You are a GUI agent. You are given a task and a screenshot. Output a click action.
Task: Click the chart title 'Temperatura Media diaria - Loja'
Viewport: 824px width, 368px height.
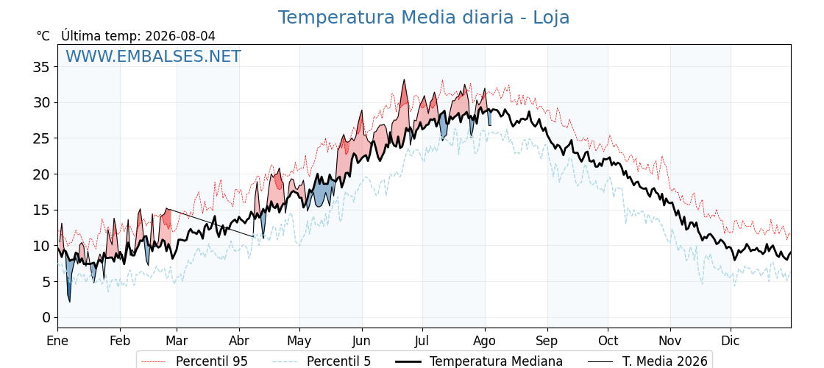tap(424, 18)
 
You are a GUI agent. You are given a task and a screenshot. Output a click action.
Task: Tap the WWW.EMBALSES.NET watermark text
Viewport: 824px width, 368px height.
tap(154, 56)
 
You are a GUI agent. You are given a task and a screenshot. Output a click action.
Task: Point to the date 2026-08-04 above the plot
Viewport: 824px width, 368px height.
tap(180, 36)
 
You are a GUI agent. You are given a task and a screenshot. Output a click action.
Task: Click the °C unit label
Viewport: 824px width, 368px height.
tap(43, 36)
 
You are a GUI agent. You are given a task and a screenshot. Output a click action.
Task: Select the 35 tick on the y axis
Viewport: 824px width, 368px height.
tap(42, 67)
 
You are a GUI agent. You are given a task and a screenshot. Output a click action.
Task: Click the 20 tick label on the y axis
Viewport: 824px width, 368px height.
tap(42, 174)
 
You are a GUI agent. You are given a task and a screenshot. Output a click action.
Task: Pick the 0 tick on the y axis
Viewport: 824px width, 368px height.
tap(46, 317)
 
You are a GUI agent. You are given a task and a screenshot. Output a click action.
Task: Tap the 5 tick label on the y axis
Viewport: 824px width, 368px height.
tap(46, 282)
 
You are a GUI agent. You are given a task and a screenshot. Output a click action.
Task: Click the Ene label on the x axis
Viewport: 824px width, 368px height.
tap(58, 341)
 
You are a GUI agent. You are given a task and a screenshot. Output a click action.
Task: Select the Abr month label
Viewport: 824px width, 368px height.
tap(239, 341)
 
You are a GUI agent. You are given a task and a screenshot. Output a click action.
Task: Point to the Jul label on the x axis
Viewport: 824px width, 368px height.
tap(422, 341)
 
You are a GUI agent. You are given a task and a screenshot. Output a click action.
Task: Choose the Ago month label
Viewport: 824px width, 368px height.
tap(485, 342)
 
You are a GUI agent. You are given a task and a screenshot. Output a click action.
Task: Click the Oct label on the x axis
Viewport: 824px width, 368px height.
tap(608, 341)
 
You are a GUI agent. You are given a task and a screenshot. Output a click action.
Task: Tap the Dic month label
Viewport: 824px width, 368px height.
tap(731, 341)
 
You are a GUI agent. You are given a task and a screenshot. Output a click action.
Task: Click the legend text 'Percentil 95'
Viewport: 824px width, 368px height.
tap(212, 361)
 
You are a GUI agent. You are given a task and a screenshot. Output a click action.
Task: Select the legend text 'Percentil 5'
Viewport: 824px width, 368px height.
tap(339, 361)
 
